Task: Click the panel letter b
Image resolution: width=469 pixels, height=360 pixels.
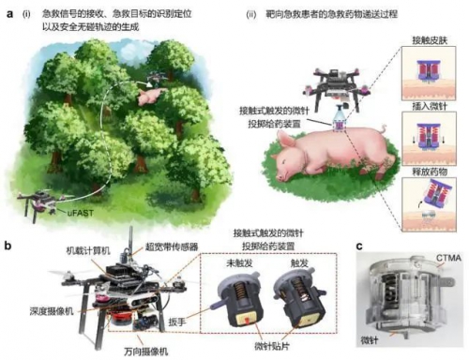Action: (8, 247)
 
